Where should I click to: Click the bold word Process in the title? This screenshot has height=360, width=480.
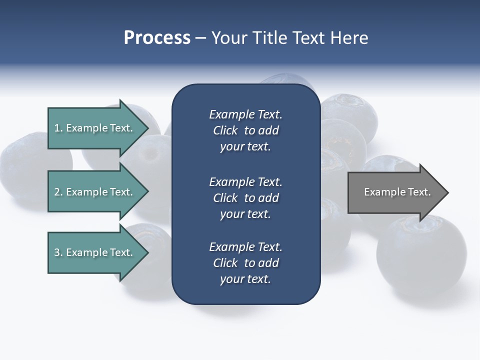[157, 38]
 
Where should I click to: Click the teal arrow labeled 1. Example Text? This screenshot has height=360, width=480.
[95, 128]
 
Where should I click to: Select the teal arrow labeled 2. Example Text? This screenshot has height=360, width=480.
[95, 192]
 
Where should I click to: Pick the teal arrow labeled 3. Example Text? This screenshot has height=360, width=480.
[95, 252]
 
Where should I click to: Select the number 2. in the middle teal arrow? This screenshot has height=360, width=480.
[58, 192]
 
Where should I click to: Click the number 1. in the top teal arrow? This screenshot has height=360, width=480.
[58, 128]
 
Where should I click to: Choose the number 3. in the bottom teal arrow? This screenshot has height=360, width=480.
[58, 252]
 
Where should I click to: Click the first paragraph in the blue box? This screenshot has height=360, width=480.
[245, 130]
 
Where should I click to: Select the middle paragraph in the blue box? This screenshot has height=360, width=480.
[245, 198]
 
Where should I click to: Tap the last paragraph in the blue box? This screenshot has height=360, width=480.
[245, 263]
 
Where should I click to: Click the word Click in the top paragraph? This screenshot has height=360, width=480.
[225, 130]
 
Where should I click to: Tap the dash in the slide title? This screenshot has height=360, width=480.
[200, 38]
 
